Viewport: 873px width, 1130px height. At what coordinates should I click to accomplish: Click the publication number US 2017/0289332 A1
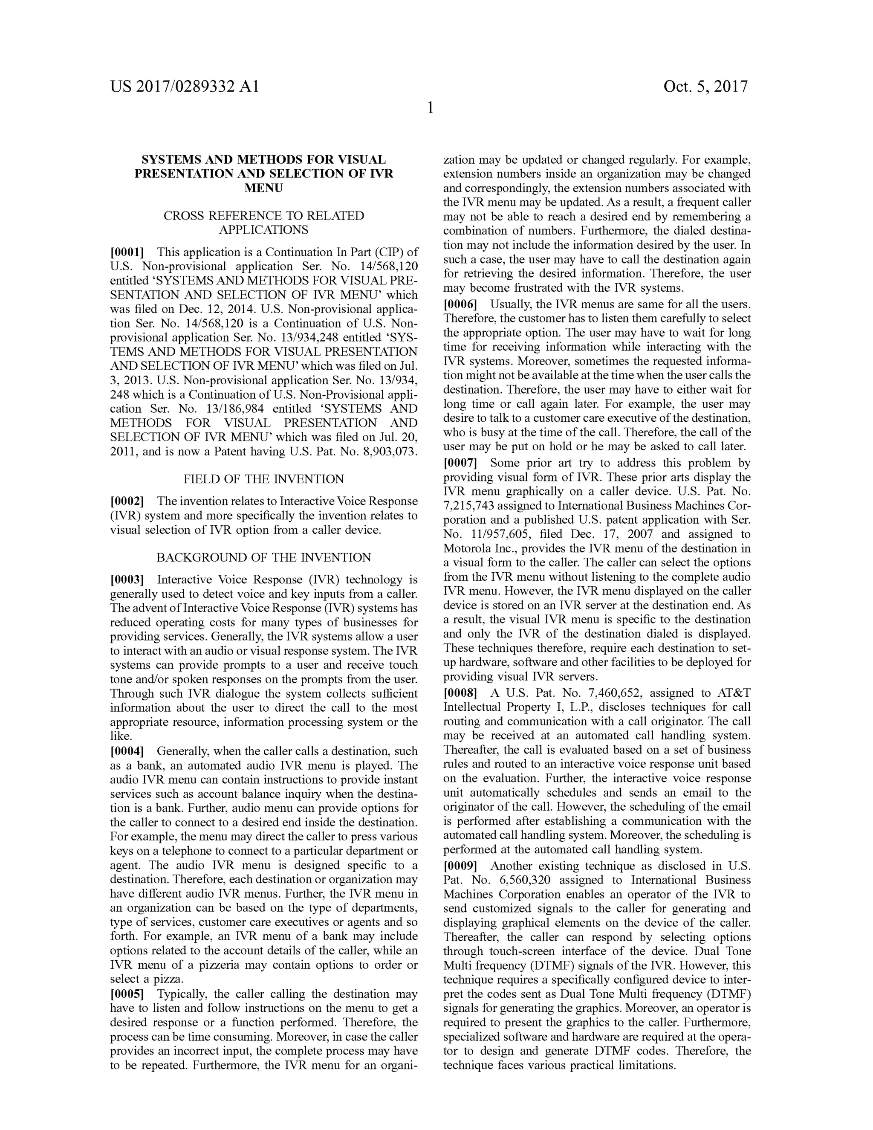[184, 87]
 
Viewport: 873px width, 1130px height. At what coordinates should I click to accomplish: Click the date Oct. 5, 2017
[705, 87]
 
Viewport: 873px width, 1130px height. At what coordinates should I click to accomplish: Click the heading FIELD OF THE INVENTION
[264, 479]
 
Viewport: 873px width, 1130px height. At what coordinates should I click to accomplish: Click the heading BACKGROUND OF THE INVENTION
[264, 557]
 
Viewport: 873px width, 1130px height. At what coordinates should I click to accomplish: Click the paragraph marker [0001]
[127, 252]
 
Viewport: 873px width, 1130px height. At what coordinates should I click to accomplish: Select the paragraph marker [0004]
[127, 751]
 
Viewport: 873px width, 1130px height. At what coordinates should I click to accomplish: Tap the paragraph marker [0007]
[460, 463]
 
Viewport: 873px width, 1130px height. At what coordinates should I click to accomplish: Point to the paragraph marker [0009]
[460, 866]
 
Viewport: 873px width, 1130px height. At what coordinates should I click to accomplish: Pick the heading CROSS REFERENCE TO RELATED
[264, 216]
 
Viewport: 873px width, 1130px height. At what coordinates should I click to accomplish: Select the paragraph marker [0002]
[127, 501]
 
